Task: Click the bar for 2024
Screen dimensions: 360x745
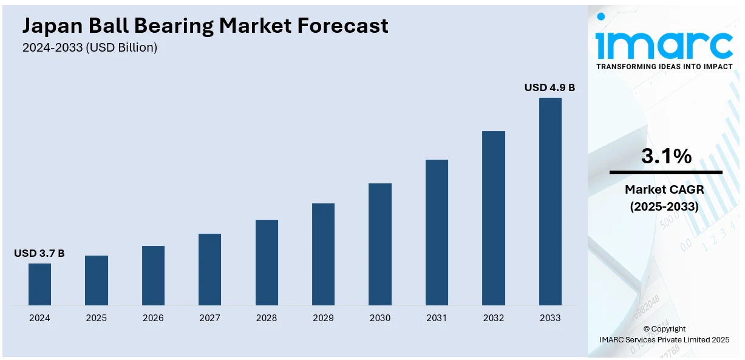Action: [39, 284]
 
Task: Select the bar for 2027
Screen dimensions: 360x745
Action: [209, 270]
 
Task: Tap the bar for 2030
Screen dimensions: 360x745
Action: [379, 244]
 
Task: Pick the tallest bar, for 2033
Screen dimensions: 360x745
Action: [550, 202]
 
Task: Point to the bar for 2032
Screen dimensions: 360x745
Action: [493, 218]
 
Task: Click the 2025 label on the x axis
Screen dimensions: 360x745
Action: [97, 318]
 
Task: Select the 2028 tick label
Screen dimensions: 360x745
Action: [267, 318]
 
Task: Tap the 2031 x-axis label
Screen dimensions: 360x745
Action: [437, 318]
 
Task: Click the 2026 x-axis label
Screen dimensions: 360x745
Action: [153, 318]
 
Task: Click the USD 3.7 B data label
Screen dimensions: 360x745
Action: [39, 253]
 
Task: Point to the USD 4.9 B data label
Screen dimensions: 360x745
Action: [549, 88]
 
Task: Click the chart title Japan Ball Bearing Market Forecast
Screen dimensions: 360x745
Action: [205, 25]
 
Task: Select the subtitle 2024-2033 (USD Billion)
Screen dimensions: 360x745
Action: [90, 47]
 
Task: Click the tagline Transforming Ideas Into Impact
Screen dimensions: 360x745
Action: [664, 66]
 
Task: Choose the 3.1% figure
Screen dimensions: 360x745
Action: [666, 157]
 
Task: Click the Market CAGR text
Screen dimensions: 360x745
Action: [664, 190]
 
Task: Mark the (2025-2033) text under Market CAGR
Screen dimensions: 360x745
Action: [664, 206]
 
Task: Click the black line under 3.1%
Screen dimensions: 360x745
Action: [666, 172]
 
